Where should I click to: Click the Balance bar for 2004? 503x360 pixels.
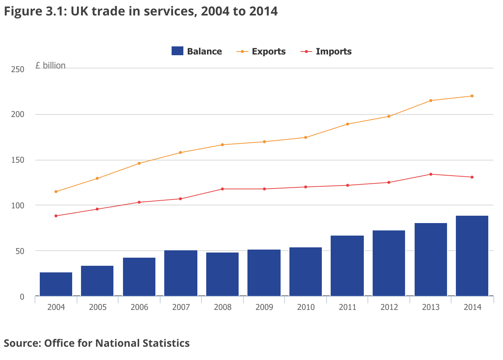[x=56, y=284]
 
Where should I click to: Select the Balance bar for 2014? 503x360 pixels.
[x=472, y=255]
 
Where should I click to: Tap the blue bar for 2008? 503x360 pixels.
[x=222, y=274]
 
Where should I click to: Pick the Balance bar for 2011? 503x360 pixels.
[x=347, y=265]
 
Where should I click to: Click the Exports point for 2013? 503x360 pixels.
[x=431, y=100]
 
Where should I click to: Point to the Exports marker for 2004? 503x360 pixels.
[x=56, y=191]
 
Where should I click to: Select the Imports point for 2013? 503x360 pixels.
[x=431, y=174]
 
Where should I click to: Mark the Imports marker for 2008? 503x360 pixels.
[x=222, y=189]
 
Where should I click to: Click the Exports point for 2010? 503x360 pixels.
[x=306, y=137]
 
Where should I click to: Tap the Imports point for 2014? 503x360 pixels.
[x=472, y=177]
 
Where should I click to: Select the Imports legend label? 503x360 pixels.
[x=334, y=52]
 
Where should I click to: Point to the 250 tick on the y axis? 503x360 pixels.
[x=18, y=69]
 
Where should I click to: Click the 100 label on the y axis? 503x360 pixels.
[x=18, y=205]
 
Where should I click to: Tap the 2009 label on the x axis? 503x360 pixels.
[x=264, y=307]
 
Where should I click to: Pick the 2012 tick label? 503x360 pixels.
[x=389, y=307]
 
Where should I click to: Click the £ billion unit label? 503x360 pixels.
[x=50, y=66]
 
